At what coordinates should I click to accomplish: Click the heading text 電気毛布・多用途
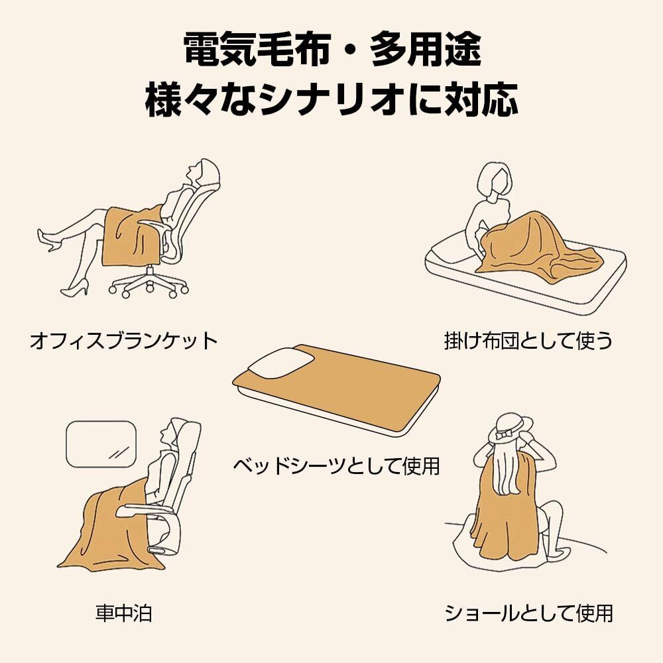click(x=333, y=50)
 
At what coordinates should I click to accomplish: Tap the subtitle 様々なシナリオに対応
click(x=331, y=100)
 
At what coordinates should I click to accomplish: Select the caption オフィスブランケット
click(x=123, y=341)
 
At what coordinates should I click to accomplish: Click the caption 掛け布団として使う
click(x=528, y=341)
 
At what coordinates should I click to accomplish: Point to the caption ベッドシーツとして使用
click(x=337, y=465)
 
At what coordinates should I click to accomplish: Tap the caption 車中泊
click(x=123, y=613)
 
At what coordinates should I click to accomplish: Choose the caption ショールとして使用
click(x=528, y=613)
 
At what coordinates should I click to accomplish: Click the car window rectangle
click(x=101, y=444)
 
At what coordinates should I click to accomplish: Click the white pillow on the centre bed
click(x=280, y=363)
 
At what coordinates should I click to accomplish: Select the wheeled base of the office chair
click(x=148, y=283)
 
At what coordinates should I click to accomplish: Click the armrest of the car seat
click(x=139, y=510)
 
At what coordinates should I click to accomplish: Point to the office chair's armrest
click(x=154, y=225)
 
